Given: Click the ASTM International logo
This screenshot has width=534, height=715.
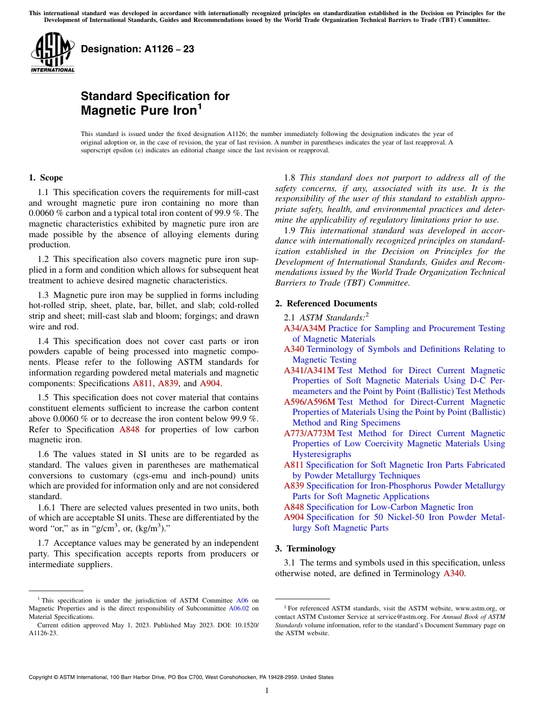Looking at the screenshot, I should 52,53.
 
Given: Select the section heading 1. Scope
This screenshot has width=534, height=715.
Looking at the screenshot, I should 46,178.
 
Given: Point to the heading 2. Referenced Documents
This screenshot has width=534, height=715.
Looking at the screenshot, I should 326,304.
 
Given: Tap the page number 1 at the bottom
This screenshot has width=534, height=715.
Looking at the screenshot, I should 267,690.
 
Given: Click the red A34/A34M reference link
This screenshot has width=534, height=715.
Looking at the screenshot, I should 305,328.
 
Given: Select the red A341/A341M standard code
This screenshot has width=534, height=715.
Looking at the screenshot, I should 309,370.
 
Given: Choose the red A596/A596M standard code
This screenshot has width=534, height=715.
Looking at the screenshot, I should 309,402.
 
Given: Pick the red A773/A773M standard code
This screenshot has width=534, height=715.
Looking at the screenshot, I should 309,433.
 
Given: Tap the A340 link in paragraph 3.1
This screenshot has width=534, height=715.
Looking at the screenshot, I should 454,573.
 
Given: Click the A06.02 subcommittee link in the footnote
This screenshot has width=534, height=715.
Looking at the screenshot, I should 239,608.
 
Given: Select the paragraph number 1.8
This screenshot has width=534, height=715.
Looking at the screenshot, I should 291,178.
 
